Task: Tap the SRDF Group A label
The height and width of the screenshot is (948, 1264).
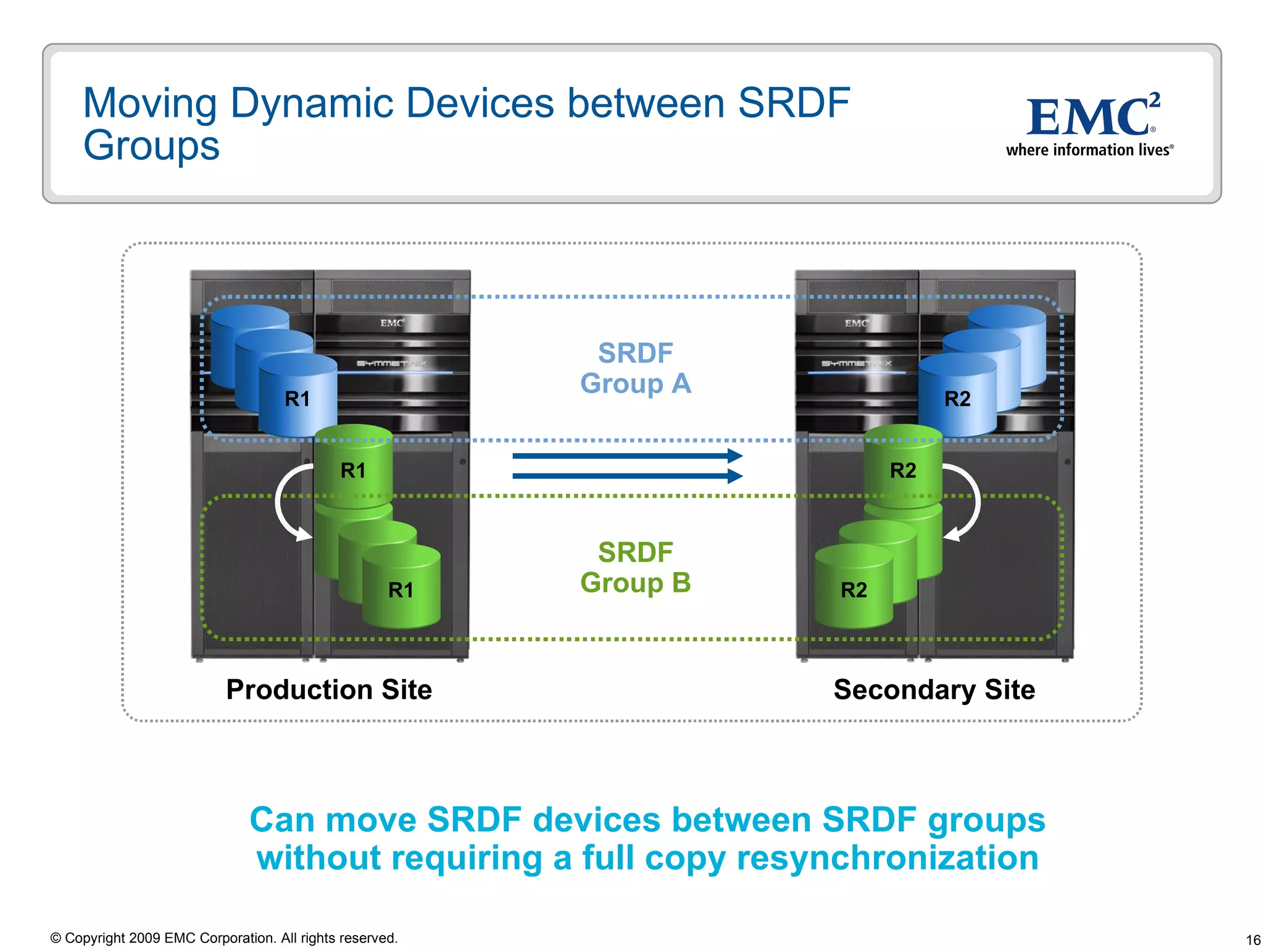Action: tap(635, 368)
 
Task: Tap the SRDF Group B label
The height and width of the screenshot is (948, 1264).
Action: tap(635, 567)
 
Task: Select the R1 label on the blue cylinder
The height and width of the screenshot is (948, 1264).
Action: tap(297, 399)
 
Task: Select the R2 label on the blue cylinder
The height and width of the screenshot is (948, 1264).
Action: tap(957, 399)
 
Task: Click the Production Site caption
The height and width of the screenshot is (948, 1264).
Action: tap(329, 689)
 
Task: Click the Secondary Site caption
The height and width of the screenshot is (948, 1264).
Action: tap(934, 689)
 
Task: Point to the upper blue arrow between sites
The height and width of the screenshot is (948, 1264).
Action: tap(626, 456)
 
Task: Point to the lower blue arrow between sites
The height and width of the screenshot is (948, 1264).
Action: tap(626, 476)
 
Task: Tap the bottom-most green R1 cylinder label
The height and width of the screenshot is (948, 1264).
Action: tap(401, 590)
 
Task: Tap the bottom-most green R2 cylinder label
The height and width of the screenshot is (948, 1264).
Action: tap(854, 590)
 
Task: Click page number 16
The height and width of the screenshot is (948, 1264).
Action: tap(1253, 940)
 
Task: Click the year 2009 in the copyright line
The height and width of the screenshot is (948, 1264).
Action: tap(145, 938)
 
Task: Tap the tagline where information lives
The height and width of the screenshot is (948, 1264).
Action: tap(1089, 150)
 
